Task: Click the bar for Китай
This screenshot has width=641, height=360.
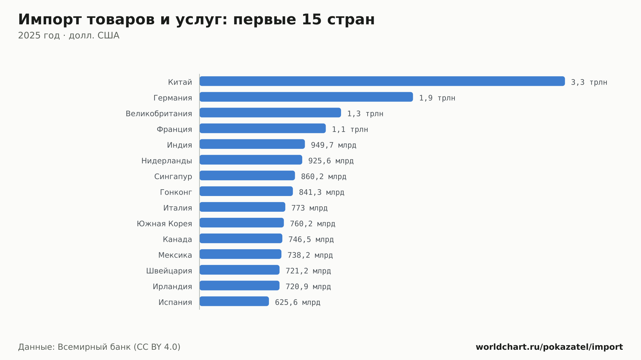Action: click(382, 81)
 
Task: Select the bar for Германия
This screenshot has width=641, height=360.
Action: click(306, 97)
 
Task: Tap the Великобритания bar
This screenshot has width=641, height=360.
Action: click(270, 112)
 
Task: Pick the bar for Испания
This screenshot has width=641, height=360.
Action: click(234, 301)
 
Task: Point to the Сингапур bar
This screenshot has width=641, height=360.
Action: click(247, 176)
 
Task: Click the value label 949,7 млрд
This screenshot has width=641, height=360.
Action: click(333, 145)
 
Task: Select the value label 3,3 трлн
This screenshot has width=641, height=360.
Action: click(589, 82)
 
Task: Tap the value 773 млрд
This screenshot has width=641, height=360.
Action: click(309, 208)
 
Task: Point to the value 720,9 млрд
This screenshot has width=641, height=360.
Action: click(308, 287)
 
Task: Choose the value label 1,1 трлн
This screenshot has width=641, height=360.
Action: click(350, 129)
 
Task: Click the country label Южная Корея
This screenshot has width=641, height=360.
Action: click(164, 224)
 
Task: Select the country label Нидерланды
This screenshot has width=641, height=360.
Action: click(167, 161)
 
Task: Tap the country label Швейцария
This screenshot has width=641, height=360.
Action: click(169, 271)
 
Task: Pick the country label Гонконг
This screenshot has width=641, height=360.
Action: click(176, 192)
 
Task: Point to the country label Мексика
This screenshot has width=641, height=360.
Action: click(175, 255)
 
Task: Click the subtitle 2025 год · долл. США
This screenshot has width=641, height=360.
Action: click(69, 36)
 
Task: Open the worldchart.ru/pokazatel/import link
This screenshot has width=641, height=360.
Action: click(549, 347)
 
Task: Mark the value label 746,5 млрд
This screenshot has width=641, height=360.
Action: click(311, 240)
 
